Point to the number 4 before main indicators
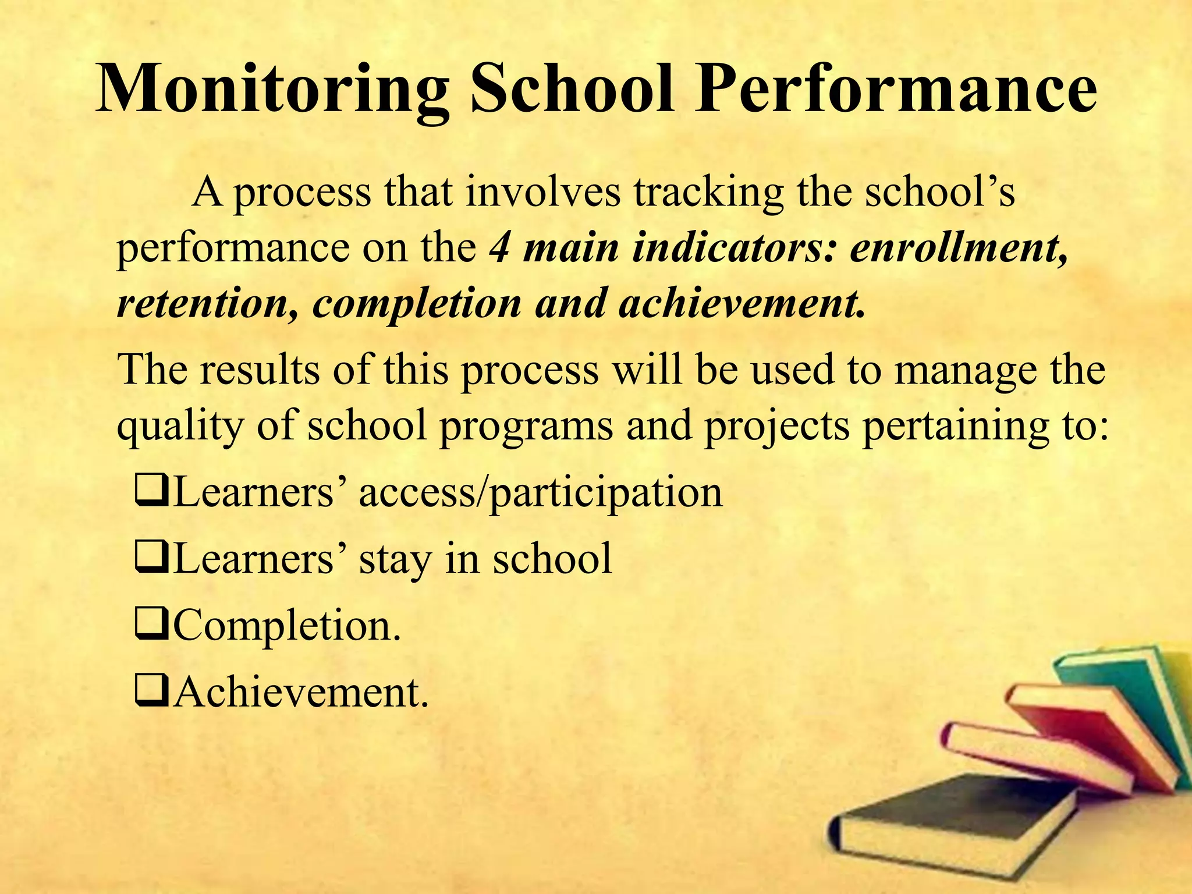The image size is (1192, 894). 499,247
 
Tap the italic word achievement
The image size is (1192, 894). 742,304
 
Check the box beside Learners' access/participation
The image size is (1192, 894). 152,492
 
